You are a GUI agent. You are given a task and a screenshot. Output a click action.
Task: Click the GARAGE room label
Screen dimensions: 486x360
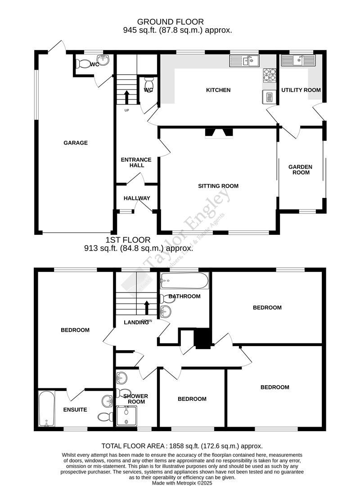[75, 143]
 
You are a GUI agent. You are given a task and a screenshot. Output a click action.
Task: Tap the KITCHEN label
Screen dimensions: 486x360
[218, 90]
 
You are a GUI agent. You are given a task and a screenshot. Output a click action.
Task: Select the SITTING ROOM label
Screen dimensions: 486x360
[218, 186]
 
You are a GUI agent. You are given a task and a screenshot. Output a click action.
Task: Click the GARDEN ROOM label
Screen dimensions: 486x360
[300, 170]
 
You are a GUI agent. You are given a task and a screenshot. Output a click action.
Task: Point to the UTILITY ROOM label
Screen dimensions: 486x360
[301, 90]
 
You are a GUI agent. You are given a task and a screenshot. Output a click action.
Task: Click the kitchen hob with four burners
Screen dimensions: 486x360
[269, 75]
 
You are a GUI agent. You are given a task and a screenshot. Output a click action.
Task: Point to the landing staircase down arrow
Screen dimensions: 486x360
[147, 309]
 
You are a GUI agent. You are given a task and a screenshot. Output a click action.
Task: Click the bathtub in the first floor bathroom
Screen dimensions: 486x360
[185, 282]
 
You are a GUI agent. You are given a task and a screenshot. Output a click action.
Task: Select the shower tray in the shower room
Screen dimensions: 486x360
[128, 416]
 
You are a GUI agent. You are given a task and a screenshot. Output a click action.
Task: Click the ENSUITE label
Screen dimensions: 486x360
[75, 409]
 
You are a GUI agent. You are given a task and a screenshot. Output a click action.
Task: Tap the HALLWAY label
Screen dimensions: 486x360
[137, 198]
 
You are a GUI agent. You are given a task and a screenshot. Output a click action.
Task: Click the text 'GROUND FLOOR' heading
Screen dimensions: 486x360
[170, 22]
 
